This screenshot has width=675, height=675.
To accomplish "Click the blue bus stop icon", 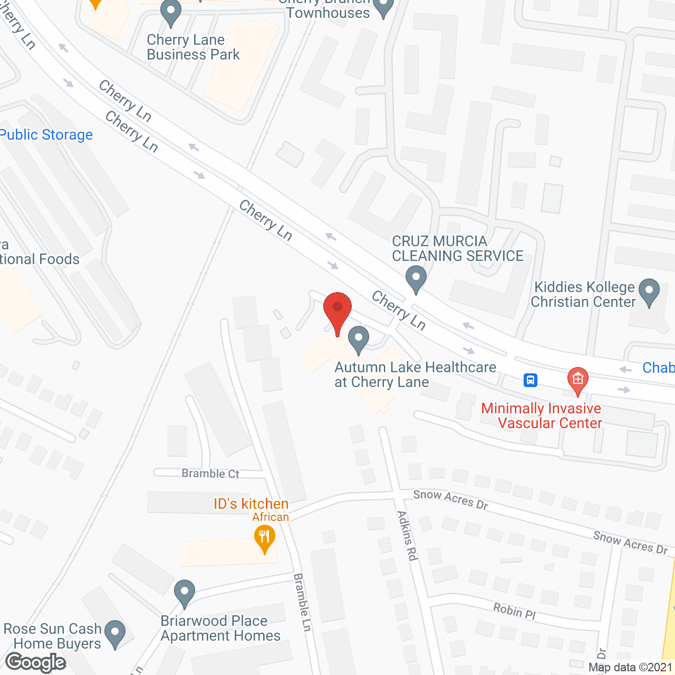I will [531, 380].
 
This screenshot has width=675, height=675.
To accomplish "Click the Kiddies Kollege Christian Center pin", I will [649, 291].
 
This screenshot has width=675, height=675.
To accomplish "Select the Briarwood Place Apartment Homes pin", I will [185, 592].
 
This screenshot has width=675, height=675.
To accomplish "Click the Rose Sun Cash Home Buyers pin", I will [115, 633].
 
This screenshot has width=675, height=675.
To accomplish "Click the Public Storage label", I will [46, 135].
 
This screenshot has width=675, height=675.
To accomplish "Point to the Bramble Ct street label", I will [210, 474].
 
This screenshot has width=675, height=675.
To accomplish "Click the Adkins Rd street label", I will [407, 535].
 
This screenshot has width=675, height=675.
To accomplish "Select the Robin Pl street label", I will [514, 611].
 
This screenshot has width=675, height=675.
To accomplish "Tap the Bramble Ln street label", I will [303, 602].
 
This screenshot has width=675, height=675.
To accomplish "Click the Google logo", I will [36, 662].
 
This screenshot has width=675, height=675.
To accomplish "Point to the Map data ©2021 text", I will [631, 668].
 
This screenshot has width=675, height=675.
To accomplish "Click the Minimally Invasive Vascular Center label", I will [542, 416].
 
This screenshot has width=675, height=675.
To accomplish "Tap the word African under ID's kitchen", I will [271, 517].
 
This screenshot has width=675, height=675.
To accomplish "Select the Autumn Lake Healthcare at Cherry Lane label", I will [415, 374].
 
